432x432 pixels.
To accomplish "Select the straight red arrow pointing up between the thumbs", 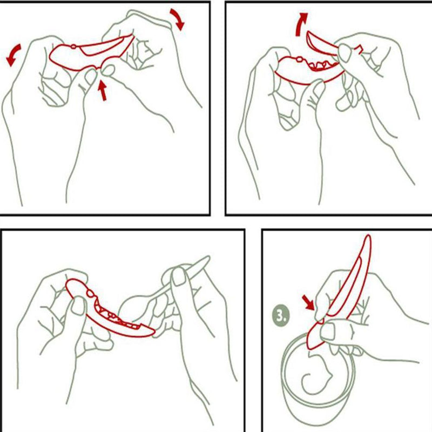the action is [103, 90].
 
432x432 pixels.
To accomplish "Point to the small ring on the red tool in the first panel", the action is [73, 46].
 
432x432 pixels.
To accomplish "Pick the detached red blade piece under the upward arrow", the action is [321, 44].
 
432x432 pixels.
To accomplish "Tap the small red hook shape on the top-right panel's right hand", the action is [359, 49].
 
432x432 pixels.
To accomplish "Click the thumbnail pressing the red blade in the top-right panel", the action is [345, 53].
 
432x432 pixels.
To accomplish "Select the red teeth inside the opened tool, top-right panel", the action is [323, 65].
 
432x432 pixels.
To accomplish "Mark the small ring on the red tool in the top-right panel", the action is [300, 59].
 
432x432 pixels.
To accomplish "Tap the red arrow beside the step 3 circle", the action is [308, 302].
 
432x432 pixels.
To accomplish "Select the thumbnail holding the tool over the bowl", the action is [328, 331].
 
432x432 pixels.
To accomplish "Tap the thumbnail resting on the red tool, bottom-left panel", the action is [78, 306].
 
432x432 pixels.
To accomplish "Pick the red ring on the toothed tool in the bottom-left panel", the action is [90, 293].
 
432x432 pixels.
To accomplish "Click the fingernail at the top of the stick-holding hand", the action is [179, 276].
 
